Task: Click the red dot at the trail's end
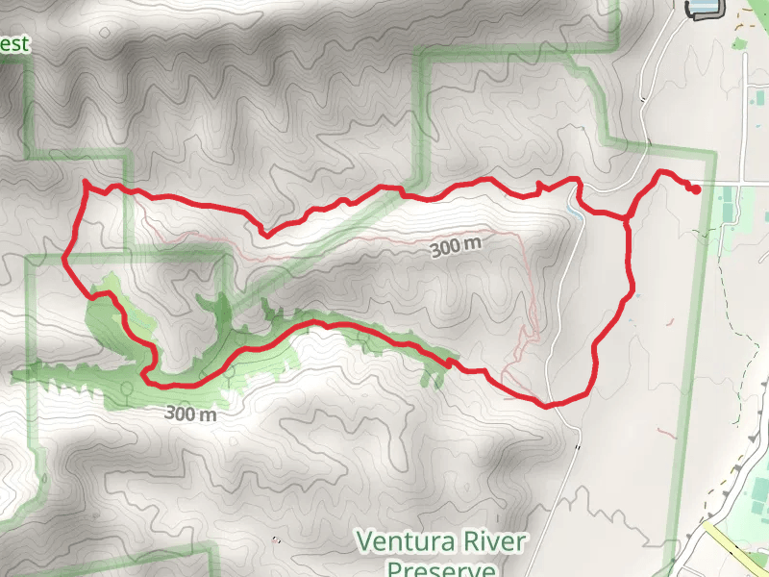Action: coord(695,188)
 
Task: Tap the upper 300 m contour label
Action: coord(456,247)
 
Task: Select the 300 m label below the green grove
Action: coord(190,414)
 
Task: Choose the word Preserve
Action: coord(441,568)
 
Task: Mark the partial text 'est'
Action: coord(15,44)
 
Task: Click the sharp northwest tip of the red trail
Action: coord(86,182)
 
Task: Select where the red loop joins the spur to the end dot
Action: coord(628,219)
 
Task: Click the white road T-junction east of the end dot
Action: coord(743,182)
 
